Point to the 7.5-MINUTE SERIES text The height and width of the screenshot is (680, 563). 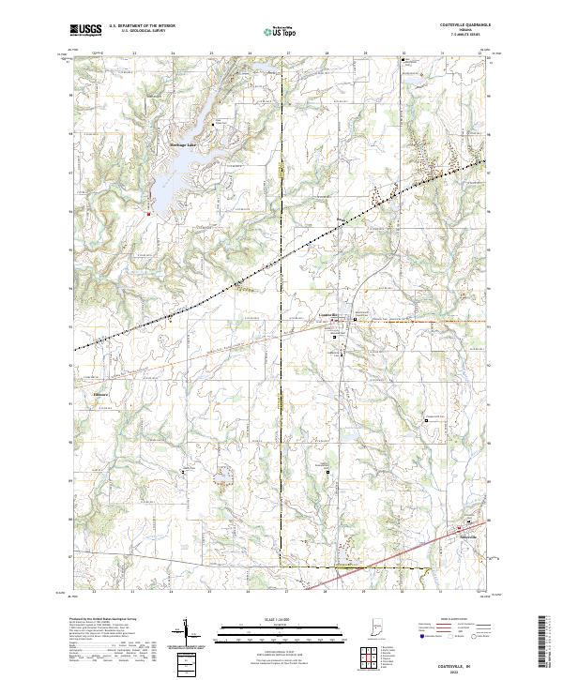pyautogui.click(x=467, y=37)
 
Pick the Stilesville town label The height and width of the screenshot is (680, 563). pyautogui.click(x=468, y=536)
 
